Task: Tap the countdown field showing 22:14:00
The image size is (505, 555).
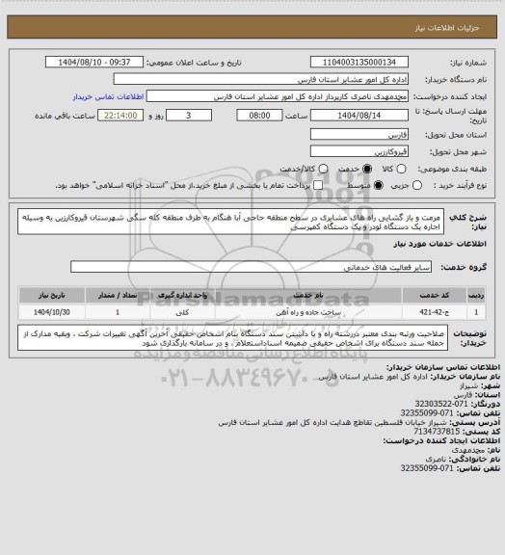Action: click(x=119, y=114)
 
